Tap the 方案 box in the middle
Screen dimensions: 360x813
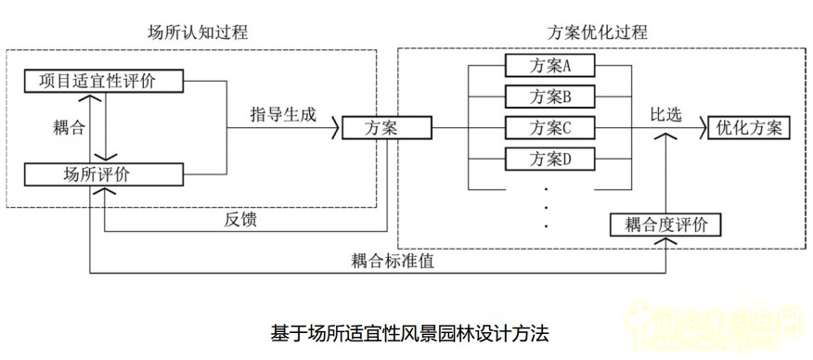point(376,127)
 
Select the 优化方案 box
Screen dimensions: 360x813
point(749,127)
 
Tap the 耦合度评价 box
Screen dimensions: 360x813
point(665,224)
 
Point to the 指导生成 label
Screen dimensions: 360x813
point(283,115)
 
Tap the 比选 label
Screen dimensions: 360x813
point(665,114)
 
